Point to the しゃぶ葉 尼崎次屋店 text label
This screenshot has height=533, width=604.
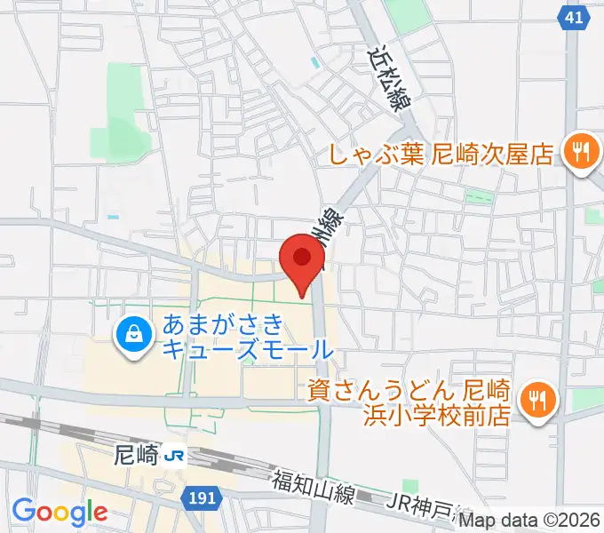(x=441, y=154)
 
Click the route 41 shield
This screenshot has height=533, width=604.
(x=575, y=16)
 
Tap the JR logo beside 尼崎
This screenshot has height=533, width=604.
(x=175, y=456)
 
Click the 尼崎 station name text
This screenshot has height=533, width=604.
(x=137, y=456)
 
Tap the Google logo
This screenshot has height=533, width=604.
(x=60, y=511)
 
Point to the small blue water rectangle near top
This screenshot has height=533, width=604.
(x=314, y=64)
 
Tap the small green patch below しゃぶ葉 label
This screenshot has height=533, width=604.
(x=479, y=196)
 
